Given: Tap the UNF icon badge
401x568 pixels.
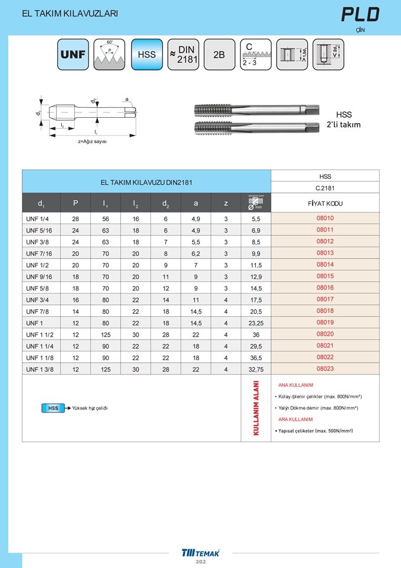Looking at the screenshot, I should (73, 54).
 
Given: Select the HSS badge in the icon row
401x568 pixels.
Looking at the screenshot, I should (146, 54).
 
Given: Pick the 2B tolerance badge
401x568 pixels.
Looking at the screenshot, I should (219, 54).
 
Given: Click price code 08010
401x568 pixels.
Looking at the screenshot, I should (325, 218).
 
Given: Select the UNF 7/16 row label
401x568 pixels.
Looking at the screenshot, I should (40, 253).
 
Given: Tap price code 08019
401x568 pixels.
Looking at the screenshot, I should (325, 323).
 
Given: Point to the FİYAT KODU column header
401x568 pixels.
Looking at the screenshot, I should (325, 203).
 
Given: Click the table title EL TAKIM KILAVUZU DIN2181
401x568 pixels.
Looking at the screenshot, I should (146, 182).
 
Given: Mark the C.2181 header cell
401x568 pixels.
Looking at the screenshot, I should (325, 188).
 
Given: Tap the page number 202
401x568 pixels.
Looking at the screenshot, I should (200, 563).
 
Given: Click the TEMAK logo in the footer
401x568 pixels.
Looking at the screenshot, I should (200, 553).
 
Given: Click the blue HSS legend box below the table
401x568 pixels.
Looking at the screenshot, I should (52, 408).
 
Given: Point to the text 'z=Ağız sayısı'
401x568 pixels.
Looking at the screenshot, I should (93, 142).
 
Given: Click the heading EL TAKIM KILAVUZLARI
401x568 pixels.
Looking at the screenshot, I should (70, 14).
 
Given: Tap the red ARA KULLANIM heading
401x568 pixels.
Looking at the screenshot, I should (295, 419).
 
